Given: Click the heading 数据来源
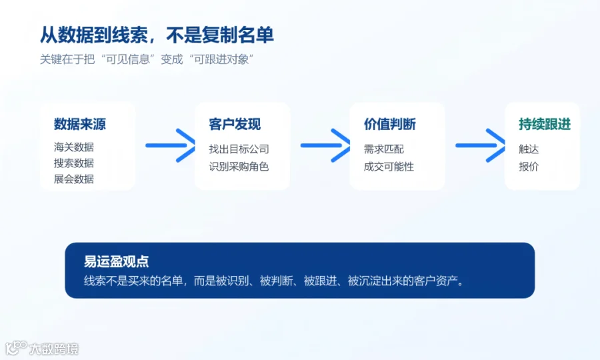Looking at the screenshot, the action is (x=79, y=124).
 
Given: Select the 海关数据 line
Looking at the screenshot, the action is (x=74, y=147).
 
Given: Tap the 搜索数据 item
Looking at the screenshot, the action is (x=74, y=163).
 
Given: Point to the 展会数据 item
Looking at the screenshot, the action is (x=74, y=179).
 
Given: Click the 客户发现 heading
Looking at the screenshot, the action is (x=235, y=124).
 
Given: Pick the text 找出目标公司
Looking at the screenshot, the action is (x=239, y=149).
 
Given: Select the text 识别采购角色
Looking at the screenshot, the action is (x=239, y=167).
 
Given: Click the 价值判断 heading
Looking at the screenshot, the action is (x=389, y=124).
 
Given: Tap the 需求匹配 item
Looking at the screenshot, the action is (x=384, y=149).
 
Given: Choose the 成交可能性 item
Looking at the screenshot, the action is (x=389, y=167).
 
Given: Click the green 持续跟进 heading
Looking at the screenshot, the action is (x=545, y=124).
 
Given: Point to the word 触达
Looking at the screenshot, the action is (x=529, y=149).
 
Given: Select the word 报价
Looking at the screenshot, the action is (x=529, y=167).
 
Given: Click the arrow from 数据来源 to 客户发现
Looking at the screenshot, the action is (x=171, y=145).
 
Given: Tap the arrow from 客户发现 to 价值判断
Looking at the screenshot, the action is (x=325, y=145).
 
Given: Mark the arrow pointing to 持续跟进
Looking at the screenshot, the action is (x=481, y=145).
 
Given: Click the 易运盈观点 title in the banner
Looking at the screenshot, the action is (x=116, y=261).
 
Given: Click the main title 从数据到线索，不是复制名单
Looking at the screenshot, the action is (x=157, y=35).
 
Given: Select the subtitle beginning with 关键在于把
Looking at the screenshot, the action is (x=147, y=59).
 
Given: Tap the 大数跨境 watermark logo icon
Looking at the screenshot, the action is (x=16, y=348).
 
